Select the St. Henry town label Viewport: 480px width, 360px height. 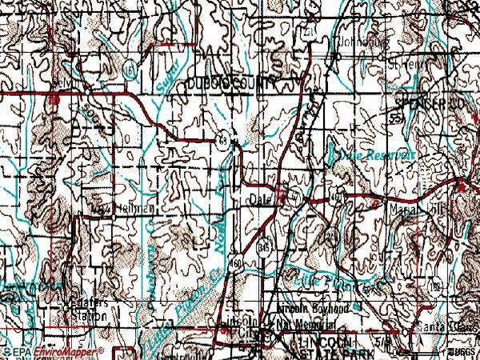coord(407,61)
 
